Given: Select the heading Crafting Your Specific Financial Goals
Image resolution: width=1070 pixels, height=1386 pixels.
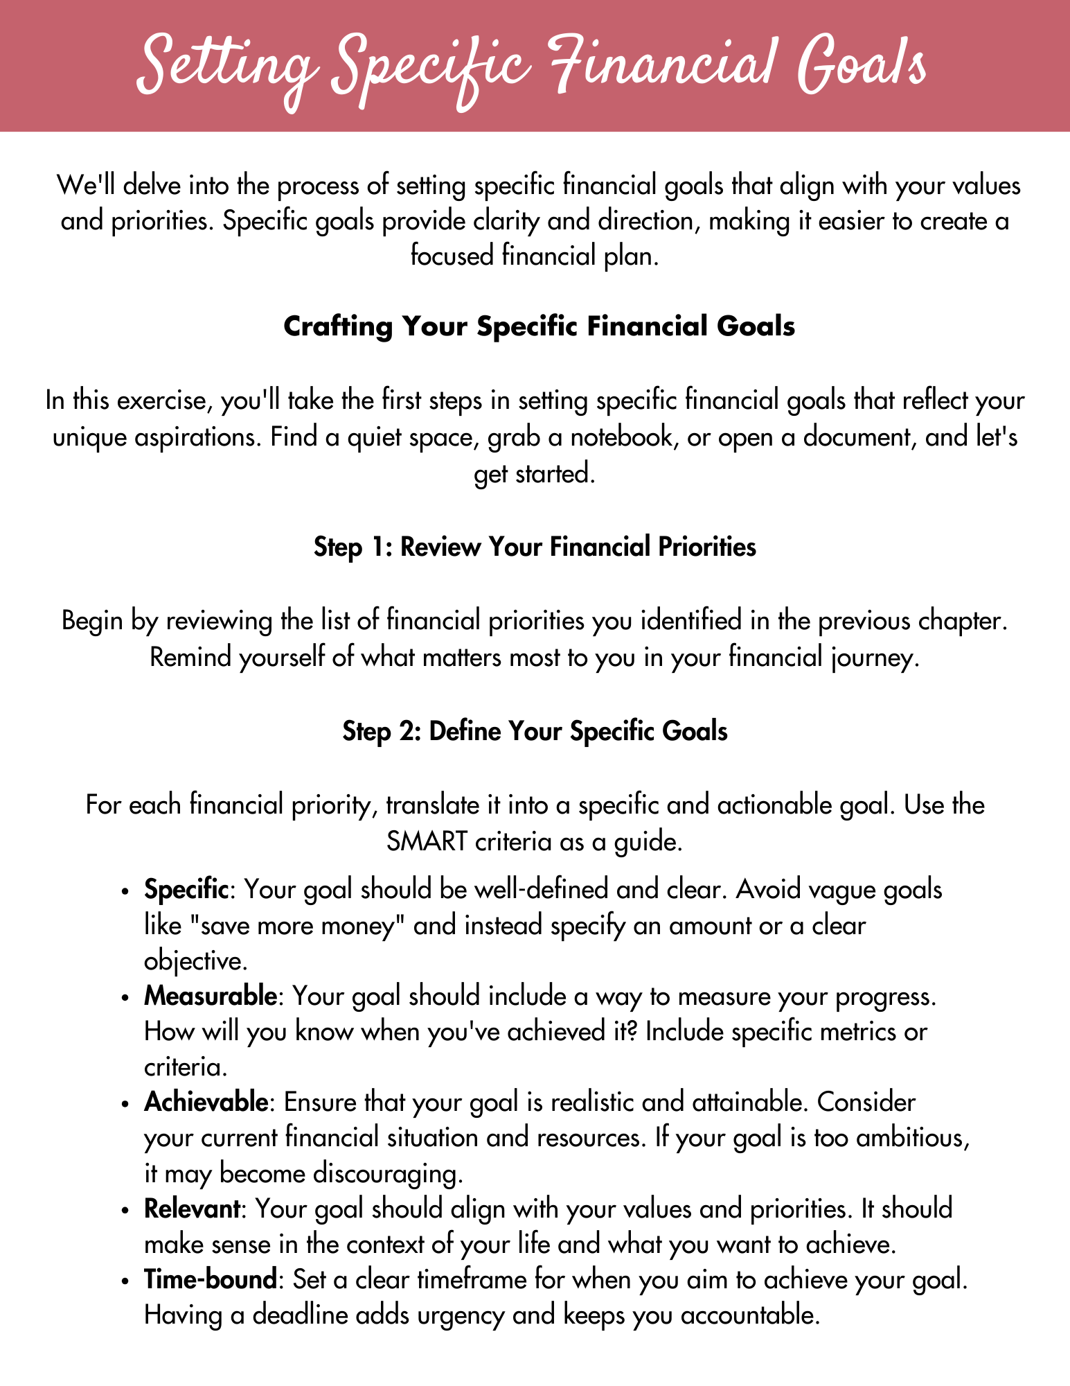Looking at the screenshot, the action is [x=540, y=326].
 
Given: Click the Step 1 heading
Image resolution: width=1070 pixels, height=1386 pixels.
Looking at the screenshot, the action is [x=535, y=547].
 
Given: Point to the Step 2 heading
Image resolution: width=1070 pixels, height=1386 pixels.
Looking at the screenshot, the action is [x=535, y=732].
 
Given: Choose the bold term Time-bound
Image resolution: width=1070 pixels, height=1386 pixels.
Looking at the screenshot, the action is [x=211, y=1279].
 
